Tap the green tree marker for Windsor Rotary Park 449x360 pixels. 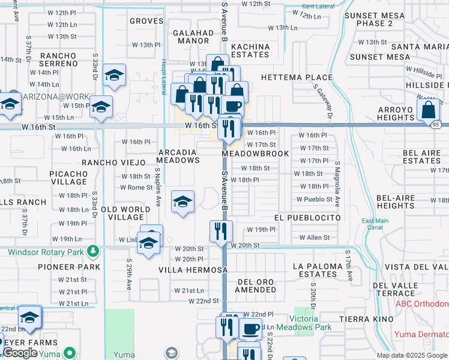pyautogui.click(x=93, y=250)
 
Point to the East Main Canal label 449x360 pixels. pyautogui.click(x=375, y=224)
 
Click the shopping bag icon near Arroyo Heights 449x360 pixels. pyautogui.click(x=430, y=110)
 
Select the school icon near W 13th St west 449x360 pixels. pyautogui.click(x=114, y=75)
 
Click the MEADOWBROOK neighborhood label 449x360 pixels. pyautogui.click(x=255, y=154)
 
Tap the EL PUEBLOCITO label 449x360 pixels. pyautogui.click(x=307, y=217)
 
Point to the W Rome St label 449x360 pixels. pyautogui.click(x=136, y=187)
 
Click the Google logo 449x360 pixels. pyautogui.click(x=20, y=353)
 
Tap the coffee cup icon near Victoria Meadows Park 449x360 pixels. pyautogui.click(x=250, y=329)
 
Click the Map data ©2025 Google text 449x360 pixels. pyautogui.click(x=411, y=355)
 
